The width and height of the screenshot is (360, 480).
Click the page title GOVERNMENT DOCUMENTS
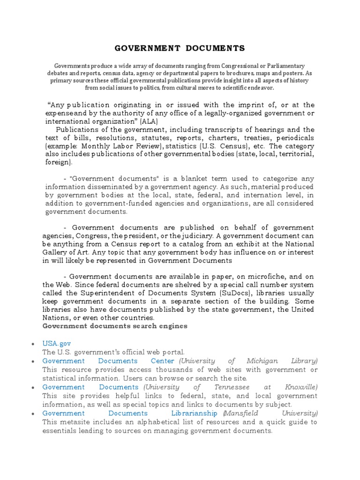[180, 48]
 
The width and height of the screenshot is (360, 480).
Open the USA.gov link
[57, 344]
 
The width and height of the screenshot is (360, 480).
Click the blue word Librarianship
[194, 413]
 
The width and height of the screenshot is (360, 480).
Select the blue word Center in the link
[162, 361]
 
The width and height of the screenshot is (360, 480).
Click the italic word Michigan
[260, 361]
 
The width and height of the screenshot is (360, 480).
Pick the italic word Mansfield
[241, 413]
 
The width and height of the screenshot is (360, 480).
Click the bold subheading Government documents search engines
[115, 326]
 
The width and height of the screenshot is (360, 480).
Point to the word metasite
[75, 422]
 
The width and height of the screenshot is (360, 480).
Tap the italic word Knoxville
[301, 387]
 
